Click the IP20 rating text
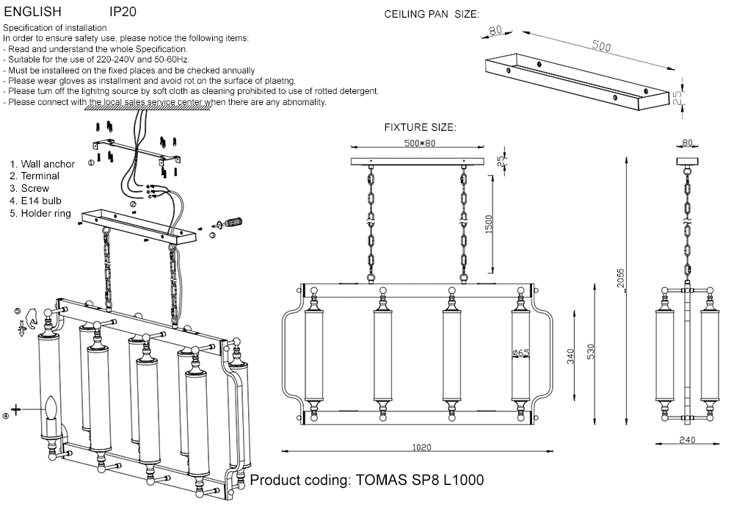123,12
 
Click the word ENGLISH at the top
33,12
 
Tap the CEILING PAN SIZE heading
432,15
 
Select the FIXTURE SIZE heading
420,127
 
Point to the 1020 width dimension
421,446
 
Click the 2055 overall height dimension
620,280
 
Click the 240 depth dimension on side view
687,440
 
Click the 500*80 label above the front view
420,143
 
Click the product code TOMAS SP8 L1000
367,481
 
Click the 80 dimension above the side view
687,143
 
